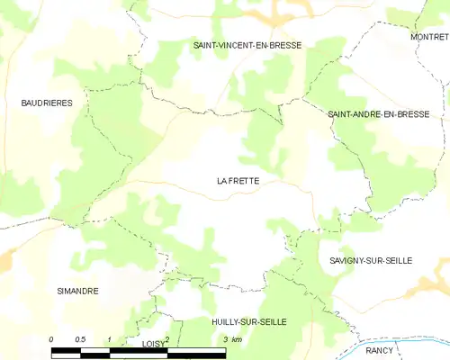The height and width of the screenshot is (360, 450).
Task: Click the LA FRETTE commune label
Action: coord(238,181)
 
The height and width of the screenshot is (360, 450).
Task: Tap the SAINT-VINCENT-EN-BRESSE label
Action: coord(247,44)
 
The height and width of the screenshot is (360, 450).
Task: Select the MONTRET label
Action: coord(429,37)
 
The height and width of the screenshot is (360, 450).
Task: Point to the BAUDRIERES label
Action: coord(47,103)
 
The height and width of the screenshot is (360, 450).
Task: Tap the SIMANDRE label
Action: coord(77,291)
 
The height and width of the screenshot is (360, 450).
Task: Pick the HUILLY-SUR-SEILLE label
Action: coord(249,321)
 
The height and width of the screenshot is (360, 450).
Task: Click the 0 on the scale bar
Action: coord(52,339)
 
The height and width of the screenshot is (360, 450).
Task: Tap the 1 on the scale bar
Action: coord(110,339)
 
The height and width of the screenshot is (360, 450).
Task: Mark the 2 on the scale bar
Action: coord(167,338)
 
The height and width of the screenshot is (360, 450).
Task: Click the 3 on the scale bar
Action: coord(224,339)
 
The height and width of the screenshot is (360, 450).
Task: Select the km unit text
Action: coord(236,339)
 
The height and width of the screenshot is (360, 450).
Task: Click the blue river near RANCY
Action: coord(405,344)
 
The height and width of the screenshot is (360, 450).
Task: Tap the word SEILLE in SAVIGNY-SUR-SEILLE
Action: coord(394,260)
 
